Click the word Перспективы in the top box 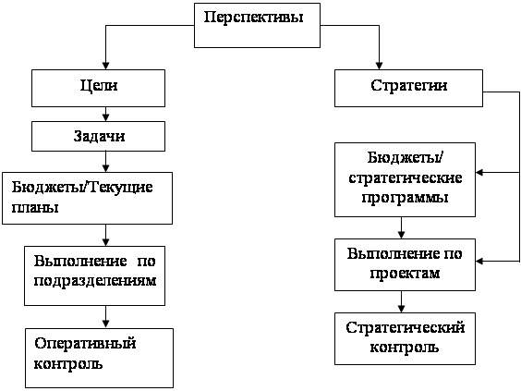(253, 18)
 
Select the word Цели (99, 86)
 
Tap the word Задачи (99, 136)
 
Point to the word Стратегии (408, 86)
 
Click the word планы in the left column (35, 207)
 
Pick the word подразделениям (95, 281)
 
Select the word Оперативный (85, 344)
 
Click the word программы (405, 198)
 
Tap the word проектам (405, 274)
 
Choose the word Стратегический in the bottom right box (405, 328)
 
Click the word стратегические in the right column (405, 177)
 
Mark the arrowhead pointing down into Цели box (105, 66)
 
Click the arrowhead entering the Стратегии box (379, 66)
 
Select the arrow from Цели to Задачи (105, 114)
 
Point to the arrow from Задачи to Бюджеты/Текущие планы (105, 162)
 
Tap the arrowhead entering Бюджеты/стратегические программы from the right (479, 173)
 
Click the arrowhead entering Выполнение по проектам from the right (479, 262)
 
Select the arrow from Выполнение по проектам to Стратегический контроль (402, 301)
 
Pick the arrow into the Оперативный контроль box (105, 317)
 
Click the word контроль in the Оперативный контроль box (68, 364)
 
